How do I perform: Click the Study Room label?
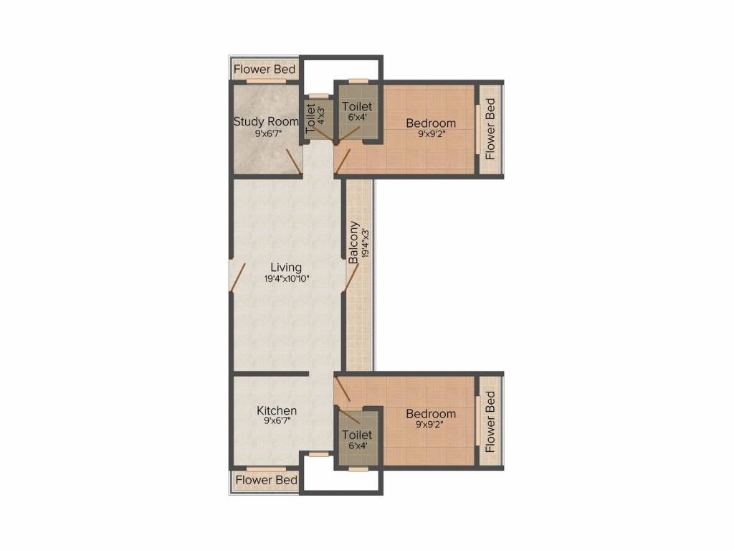click(266, 121)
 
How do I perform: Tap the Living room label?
click(286, 268)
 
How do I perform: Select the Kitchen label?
click(277, 410)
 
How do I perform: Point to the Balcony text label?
click(354, 242)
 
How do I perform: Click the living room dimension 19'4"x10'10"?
click(287, 279)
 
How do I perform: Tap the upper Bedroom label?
click(431, 123)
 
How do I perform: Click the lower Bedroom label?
click(431, 414)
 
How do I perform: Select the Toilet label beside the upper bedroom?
click(357, 106)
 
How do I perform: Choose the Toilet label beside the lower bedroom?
click(357, 435)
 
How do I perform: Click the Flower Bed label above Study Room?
click(264, 70)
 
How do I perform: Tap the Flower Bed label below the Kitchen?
click(267, 480)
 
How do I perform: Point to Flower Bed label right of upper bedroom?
click(490, 129)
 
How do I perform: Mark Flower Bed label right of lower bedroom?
click(490, 422)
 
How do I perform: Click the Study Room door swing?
click(295, 160)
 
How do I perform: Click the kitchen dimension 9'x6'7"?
click(277, 420)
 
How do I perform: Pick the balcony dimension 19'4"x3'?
click(366, 242)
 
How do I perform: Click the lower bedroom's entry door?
click(343, 390)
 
